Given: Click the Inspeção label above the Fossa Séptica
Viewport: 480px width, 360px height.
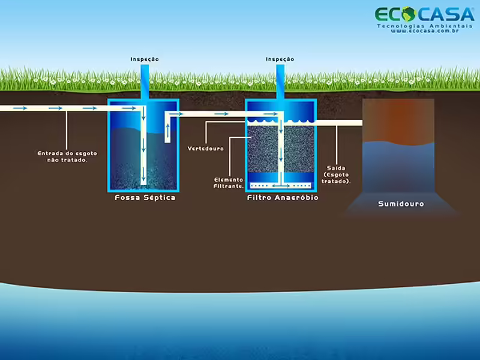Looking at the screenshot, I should [x=145, y=59].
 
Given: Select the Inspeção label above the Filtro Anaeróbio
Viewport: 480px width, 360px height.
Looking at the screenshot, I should [x=280, y=59].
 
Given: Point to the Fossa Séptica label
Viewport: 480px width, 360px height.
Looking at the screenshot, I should [x=145, y=197].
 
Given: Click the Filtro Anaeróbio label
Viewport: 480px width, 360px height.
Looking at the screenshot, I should [x=283, y=197].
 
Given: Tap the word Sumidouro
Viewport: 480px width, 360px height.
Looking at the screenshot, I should [x=401, y=204].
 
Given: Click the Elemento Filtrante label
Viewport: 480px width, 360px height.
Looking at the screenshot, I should [x=229, y=183].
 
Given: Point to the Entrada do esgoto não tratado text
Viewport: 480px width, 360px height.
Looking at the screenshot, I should [x=67, y=157].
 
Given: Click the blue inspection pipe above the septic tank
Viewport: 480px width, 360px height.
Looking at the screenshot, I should [x=145, y=81].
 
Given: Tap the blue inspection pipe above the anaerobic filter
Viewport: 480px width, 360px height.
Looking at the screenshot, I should [x=280, y=81].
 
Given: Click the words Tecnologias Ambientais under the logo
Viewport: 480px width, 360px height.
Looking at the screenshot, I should [x=424, y=26].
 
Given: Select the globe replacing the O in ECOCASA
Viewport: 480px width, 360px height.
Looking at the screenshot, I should [x=408, y=13].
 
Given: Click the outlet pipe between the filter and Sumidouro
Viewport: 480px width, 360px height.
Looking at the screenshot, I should [x=339, y=123].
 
